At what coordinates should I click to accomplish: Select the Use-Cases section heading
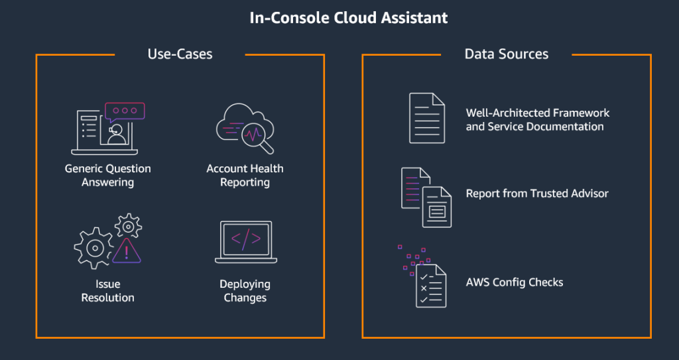pyautogui.click(x=180, y=54)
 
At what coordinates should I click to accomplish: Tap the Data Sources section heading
pyautogui.click(x=506, y=54)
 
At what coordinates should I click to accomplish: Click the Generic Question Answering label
pyautogui.click(x=107, y=175)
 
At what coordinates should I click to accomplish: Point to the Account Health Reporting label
pyautogui.click(x=245, y=175)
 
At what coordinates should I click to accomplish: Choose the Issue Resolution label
pyautogui.click(x=107, y=291)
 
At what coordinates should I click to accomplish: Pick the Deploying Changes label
pyautogui.click(x=245, y=291)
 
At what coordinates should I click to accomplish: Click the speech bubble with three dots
pyautogui.click(x=125, y=111)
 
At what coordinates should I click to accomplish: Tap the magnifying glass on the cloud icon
pyautogui.click(x=255, y=137)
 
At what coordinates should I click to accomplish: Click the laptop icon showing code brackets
pyautogui.click(x=245, y=241)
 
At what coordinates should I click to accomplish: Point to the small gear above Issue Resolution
pyautogui.click(x=127, y=225)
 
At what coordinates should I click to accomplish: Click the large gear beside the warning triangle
pyautogui.click(x=93, y=247)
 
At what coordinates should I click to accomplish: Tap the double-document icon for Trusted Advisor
pyautogui.click(x=426, y=198)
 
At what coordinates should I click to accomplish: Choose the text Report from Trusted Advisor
pyautogui.click(x=537, y=194)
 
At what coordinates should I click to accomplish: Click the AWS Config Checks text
pyautogui.click(x=515, y=282)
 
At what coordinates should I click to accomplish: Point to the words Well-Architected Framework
pyautogui.click(x=537, y=113)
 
